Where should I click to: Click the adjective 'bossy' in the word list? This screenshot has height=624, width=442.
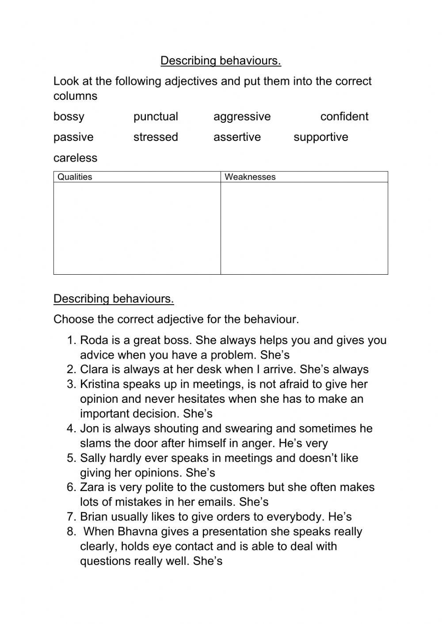coord(69,117)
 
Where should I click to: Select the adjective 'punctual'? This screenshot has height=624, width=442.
coord(156,117)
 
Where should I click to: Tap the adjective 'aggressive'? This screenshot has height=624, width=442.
coord(242,117)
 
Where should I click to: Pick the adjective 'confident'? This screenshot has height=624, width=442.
coord(344,117)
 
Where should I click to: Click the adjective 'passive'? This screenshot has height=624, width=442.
coord(73,137)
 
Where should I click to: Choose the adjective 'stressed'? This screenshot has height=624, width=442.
coord(156,137)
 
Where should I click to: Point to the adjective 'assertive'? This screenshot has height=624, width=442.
coord(237,137)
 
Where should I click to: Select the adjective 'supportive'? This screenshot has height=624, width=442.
coord(320,137)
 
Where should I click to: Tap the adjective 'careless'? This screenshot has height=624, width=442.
coord(75,158)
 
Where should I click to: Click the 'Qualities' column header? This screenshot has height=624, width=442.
coord(75,177)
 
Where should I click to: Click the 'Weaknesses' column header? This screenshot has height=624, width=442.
coord(250,177)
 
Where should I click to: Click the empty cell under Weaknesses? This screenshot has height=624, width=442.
coord(304,228)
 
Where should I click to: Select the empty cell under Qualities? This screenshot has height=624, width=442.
coord(137,228)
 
